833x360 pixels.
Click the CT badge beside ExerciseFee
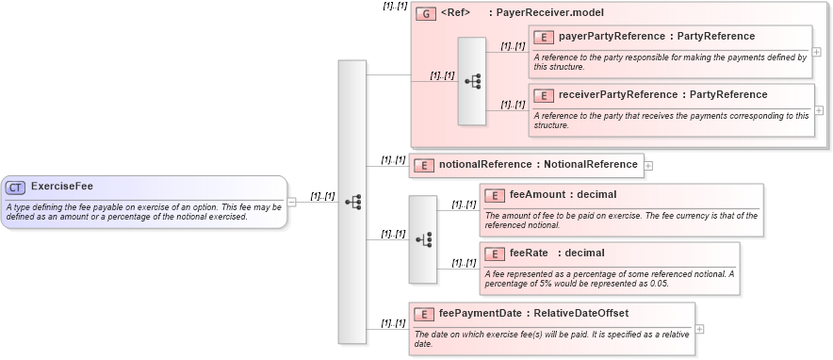pyautogui.click(x=16, y=187)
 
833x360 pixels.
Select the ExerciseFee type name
pyautogui.click(x=61, y=187)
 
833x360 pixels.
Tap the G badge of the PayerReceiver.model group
pyautogui.click(x=426, y=13)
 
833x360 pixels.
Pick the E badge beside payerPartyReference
pyautogui.click(x=544, y=37)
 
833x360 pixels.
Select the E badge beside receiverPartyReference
pyautogui.click(x=544, y=95)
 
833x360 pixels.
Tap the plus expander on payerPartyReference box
pyautogui.click(x=816, y=53)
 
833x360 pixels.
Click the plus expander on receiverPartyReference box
pyautogui.click(x=820, y=111)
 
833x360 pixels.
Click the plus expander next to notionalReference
pyautogui.click(x=648, y=166)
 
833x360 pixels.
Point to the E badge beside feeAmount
pyautogui.click(x=495, y=195)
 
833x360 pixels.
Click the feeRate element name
pyautogui.click(x=531, y=253)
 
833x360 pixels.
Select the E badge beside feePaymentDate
pyautogui.click(x=424, y=314)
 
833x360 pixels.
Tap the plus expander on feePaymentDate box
pyautogui.click(x=699, y=329)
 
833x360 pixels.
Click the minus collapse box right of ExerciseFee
pyautogui.click(x=292, y=202)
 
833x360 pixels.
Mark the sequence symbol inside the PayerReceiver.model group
pyautogui.click(x=472, y=82)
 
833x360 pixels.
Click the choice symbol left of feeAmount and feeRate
pyautogui.click(x=423, y=239)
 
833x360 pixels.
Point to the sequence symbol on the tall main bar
pyautogui.click(x=352, y=202)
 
